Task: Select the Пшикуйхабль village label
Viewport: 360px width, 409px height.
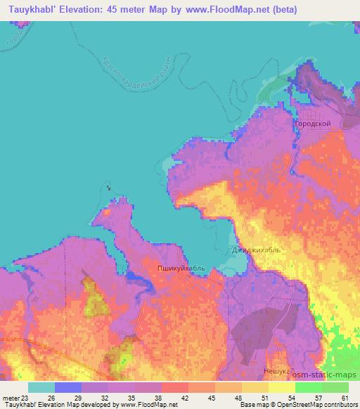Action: point(181,268)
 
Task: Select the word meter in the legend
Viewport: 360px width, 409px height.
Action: point(10,397)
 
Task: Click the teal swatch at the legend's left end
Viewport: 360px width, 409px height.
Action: point(41,387)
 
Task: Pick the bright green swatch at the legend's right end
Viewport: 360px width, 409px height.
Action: point(335,387)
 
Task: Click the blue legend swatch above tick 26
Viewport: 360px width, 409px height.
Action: point(68,387)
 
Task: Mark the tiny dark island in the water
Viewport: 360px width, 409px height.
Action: point(108,187)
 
